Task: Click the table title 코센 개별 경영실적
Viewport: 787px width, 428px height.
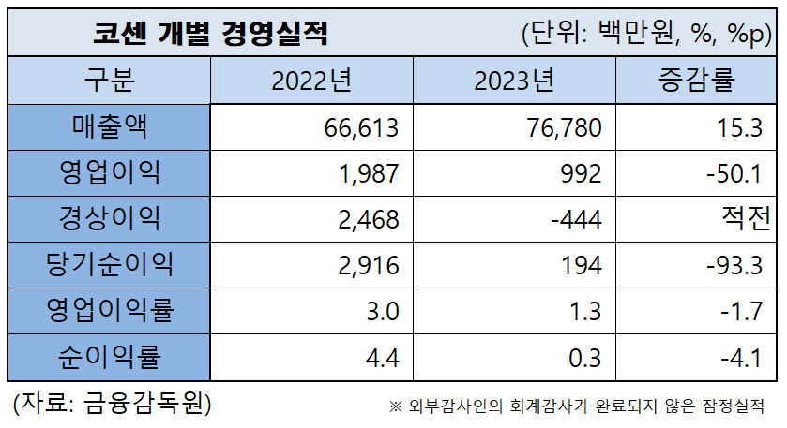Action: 211,34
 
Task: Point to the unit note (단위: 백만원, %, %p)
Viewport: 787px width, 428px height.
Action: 646,35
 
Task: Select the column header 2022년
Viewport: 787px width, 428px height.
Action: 311,81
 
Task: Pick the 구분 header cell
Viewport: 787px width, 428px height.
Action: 110,81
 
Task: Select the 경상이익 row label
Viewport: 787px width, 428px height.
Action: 110,219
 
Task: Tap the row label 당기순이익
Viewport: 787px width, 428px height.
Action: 110,265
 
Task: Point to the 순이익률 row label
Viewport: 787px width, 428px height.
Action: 110,357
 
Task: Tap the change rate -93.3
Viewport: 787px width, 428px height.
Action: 734,266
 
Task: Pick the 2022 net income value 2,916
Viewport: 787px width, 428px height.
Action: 370,266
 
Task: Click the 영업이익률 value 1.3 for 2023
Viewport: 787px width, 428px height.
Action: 585,312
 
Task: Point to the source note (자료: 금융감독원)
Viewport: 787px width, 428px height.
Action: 112,404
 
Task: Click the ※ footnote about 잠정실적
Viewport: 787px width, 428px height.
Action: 577,406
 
